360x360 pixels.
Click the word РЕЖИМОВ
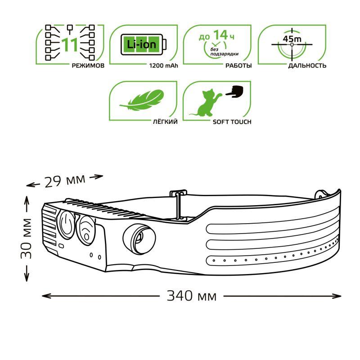coord(88,66)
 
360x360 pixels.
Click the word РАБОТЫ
coord(238,66)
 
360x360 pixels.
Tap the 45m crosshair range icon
coord(292,45)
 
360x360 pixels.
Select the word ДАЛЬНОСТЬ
coord(307,66)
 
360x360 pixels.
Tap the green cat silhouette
coord(205,103)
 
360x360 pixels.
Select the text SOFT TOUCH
coord(232,122)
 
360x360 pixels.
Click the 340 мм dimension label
coord(191,296)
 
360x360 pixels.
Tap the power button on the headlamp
coord(67,224)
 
